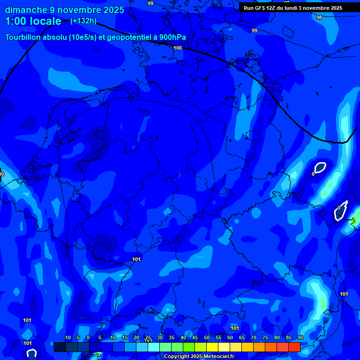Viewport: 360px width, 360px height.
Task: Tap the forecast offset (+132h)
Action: [83, 21]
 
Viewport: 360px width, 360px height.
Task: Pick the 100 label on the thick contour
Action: [178, 48]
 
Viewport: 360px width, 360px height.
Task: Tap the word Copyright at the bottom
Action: [176, 357]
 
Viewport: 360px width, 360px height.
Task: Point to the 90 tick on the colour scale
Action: [300, 338]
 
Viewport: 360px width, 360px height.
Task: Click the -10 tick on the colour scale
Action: [67, 338]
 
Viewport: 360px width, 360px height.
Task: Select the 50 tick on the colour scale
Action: [207, 338]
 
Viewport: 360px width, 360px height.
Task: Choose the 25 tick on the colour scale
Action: [148, 338]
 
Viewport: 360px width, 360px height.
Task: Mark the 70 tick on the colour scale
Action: [254, 338]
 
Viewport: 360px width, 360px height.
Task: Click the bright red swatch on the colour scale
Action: [294, 347]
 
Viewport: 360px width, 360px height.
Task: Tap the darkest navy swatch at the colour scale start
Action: [60, 347]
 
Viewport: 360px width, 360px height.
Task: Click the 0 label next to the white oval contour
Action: [313, 174]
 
